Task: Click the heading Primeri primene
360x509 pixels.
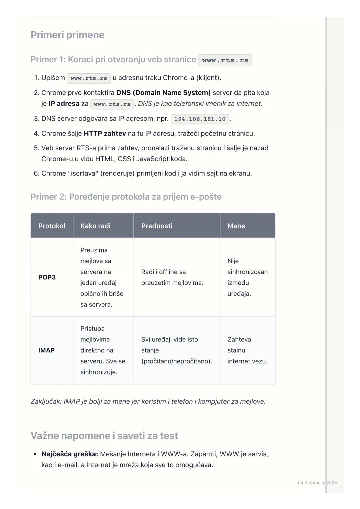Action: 67,35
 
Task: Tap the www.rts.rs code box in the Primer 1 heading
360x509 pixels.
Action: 225,60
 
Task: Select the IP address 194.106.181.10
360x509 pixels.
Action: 200,119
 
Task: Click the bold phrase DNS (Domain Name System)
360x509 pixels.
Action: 163,93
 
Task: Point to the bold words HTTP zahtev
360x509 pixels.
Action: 105,134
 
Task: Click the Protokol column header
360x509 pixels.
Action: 52,226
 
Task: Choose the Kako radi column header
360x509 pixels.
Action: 95,226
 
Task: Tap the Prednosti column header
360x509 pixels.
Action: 157,226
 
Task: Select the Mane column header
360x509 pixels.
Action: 236,226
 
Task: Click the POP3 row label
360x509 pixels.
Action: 47,277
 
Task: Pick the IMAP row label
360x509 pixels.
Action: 46,350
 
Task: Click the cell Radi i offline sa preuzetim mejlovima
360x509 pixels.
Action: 172,277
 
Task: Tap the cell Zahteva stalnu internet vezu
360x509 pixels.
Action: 247,350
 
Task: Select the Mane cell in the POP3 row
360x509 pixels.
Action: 247,277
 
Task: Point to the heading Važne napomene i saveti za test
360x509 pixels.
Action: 104,436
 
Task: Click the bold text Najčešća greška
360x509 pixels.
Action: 70,454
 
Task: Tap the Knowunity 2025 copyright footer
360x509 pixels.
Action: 317,482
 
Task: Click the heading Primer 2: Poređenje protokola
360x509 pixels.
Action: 126,197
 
